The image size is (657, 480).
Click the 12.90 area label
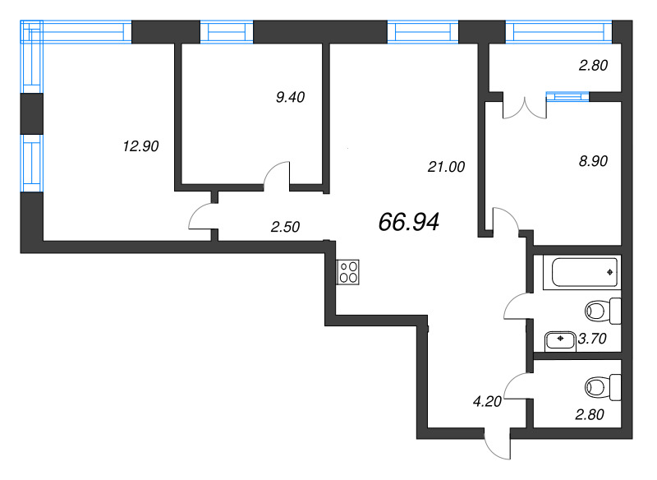pos(140,147)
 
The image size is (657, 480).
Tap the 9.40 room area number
pos(291,97)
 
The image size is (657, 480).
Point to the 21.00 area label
pos(447,167)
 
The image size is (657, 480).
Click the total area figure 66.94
pos(410,221)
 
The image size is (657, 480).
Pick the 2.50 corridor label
pos(285,228)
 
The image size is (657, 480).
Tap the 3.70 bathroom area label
pos(592,338)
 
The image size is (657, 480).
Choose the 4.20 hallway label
pos(487,402)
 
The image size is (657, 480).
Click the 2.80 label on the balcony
pos(592,67)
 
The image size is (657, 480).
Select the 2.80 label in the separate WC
pos(589,413)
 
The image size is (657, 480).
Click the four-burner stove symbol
pos(347,272)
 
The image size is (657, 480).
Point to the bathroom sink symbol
pos(560,338)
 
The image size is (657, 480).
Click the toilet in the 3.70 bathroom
pos(603,311)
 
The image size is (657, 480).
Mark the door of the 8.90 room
pos(503,220)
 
